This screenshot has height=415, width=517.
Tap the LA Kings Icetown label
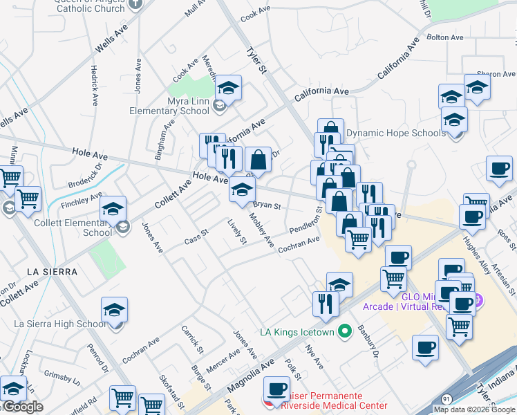coord(297,332)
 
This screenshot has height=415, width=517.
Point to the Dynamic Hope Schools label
coord(395,133)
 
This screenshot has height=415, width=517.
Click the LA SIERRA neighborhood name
coord(53,272)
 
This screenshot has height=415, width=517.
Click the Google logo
coord(23,407)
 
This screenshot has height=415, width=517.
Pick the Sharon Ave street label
coord(499,73)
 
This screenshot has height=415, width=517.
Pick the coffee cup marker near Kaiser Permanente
coord(277,390)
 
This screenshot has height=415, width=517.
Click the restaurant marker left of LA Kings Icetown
coord(325,303)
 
